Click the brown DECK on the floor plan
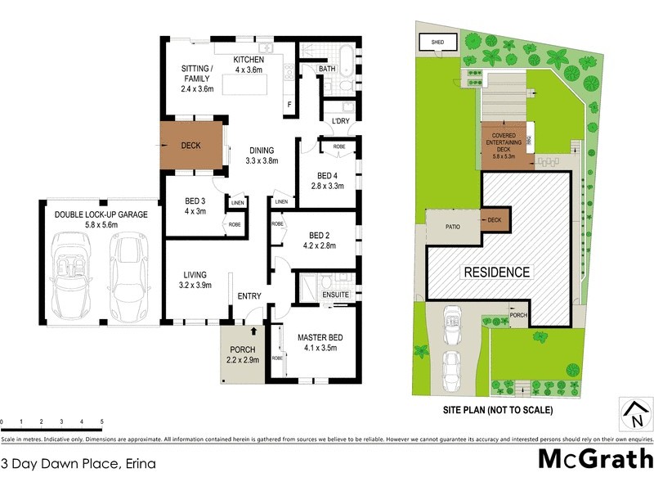[191, 146]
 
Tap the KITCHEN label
[249, 60]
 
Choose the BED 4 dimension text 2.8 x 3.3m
[327, 187]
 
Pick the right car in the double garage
[130, 273]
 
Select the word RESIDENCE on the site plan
[497, 272]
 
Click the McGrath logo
[595, 457]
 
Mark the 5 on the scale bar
[101, 422]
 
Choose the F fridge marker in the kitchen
[289, 103]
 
